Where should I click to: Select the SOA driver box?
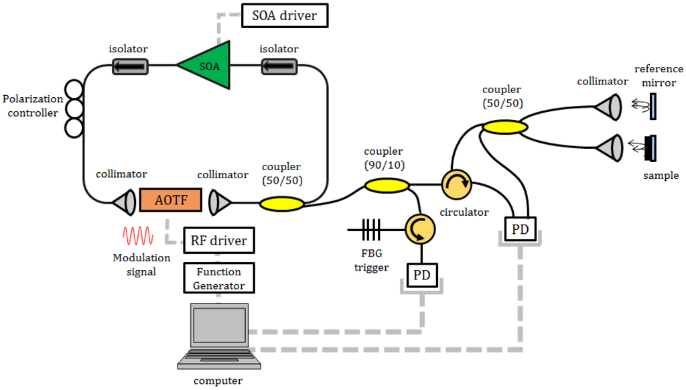284,15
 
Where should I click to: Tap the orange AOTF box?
170,200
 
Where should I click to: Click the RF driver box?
219,241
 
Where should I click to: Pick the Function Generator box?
219,278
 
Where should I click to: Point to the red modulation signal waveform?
138,236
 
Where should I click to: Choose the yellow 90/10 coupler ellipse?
386,184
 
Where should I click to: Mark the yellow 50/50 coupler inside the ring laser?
281,202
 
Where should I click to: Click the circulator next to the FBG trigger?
420,230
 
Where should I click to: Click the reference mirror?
653,106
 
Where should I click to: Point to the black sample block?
649,148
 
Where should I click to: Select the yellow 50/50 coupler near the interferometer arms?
501,127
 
